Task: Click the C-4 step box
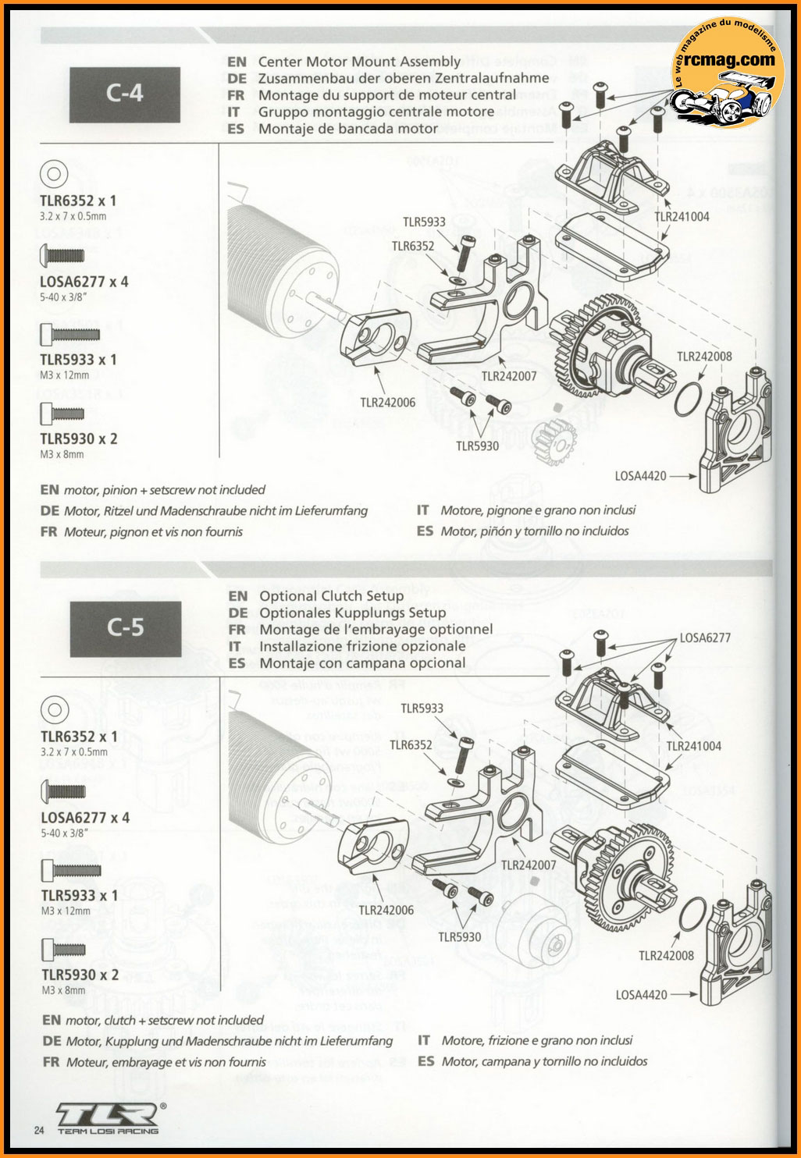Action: pos(125,93)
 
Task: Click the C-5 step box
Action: pos(125,626)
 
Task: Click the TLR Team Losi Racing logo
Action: pos(110,1118)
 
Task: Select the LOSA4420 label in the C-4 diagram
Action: pos(640,474)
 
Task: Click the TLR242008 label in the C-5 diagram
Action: pos(666,955)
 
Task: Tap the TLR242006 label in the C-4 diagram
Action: pos(388,403)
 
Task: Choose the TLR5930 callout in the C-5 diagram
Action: pos(459,936)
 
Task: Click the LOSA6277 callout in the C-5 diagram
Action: pos(705,638)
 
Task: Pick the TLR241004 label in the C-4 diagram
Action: pos(682,217)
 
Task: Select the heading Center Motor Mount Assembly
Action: pos(359,61)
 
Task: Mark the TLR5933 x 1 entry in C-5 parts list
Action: pos(79,895)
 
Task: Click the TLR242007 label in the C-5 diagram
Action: pos(529,865)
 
